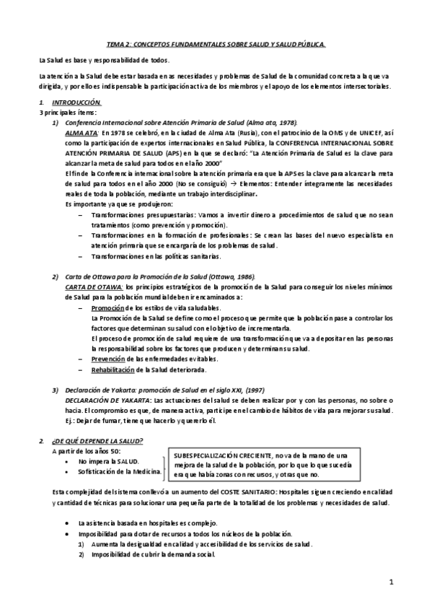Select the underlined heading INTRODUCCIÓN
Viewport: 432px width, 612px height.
tap(81, 103)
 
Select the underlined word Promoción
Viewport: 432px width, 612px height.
tap(107, 307)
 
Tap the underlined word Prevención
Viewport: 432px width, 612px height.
tap(109, 359)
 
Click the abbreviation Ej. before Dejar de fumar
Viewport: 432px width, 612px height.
tap(69, 420)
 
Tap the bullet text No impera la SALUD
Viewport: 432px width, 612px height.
tap(108, 460)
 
